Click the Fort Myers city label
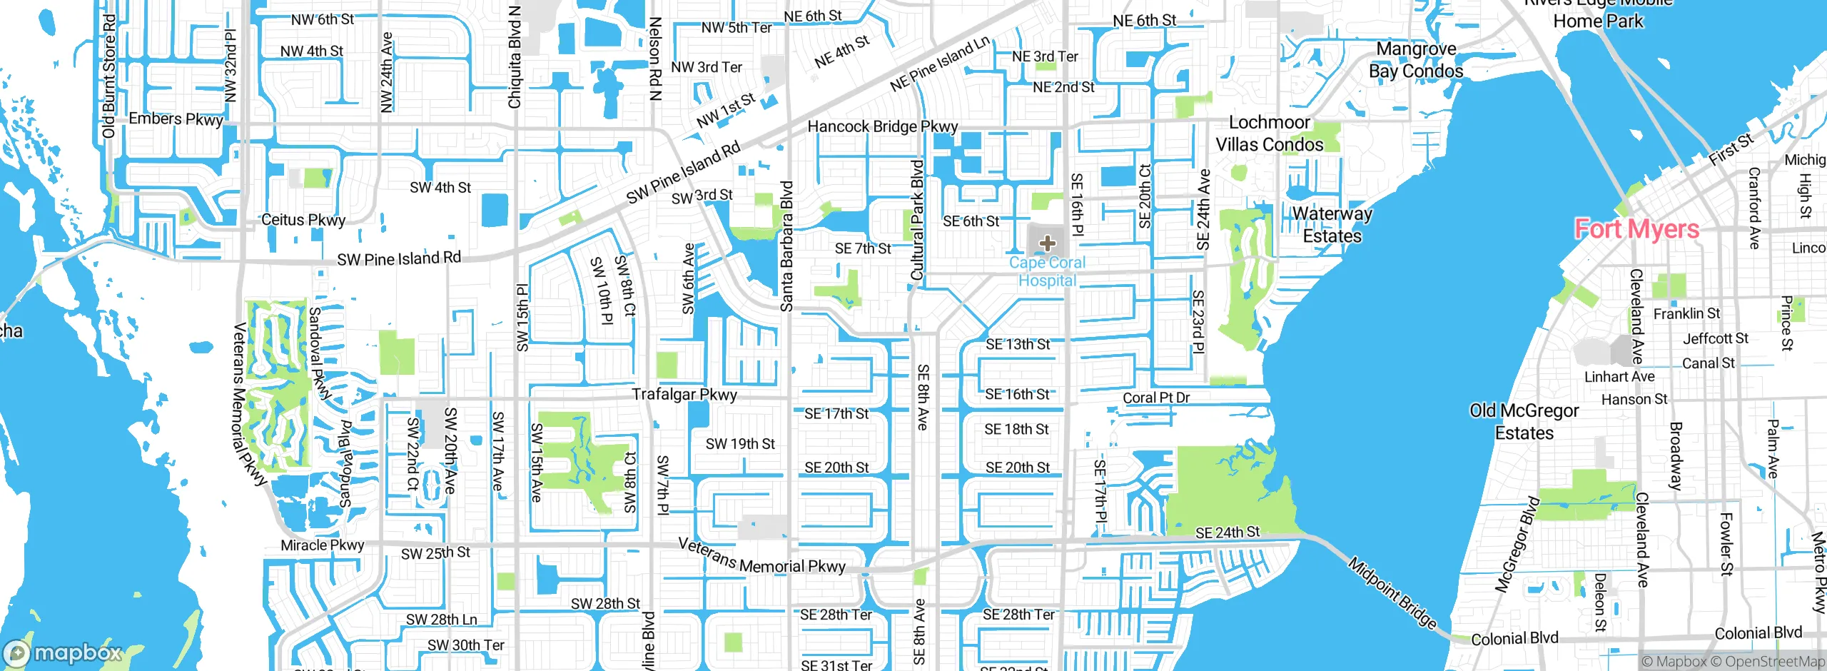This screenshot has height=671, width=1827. pos(1636,229)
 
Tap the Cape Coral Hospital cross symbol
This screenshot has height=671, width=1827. pos(1047,243)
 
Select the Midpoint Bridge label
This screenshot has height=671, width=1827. pos(1392,593)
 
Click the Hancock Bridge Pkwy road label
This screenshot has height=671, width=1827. pos(882,126)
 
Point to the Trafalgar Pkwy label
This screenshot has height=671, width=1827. pos(684,394)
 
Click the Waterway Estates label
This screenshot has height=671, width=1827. pos(1332,225)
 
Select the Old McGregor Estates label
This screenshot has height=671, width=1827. pos(1524,422)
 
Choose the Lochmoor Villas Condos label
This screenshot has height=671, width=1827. pos(1269,133)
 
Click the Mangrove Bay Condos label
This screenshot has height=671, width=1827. pos(1416,60)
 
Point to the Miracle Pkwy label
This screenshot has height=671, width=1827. pos(322,545)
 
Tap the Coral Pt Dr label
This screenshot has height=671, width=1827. pos(1156,398)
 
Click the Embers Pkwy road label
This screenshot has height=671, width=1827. pos(176,119)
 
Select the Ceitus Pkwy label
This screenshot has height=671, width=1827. pos(303,220)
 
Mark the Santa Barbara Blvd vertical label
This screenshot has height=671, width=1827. pos(786,246)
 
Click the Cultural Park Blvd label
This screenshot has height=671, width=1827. pos(917,220)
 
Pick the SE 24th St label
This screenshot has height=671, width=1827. pos(1228,533)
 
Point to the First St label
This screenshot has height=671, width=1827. pos(1731,150)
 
